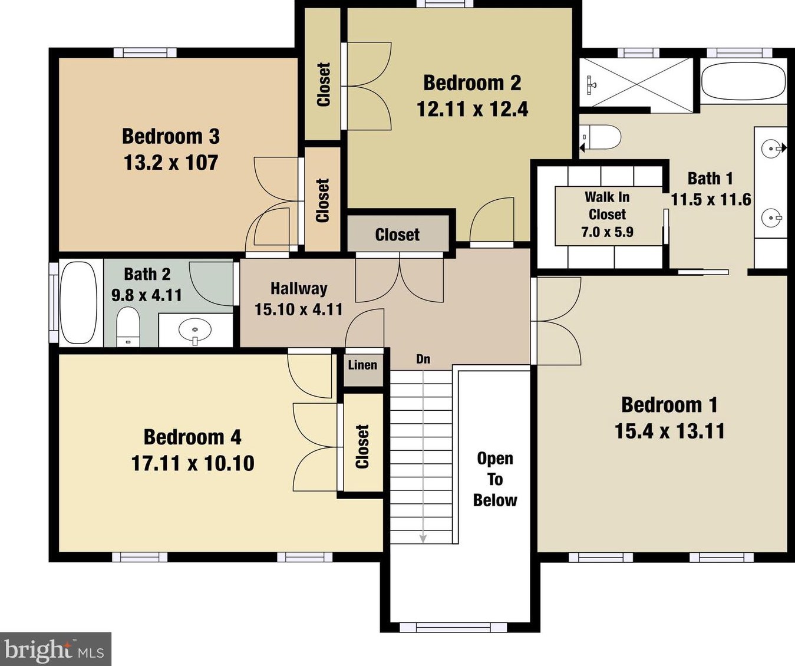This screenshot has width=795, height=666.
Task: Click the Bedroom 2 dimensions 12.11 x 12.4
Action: [472, 109]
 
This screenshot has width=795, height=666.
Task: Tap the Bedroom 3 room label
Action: [171, 136]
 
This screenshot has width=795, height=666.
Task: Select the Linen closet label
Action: [362, 365]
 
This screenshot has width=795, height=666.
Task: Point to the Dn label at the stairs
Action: [423, 359]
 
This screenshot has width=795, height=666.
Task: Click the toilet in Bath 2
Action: [127, 327]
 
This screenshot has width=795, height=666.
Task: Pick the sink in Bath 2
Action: [195, 330]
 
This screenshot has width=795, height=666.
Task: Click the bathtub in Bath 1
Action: [743, 81]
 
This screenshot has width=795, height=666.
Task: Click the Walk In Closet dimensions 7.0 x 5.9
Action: [607, 232]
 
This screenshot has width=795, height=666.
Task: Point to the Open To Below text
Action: [495, 479]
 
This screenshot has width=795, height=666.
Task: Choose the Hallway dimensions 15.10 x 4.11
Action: [299, 309]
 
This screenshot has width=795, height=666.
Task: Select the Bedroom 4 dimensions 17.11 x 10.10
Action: [193, 463]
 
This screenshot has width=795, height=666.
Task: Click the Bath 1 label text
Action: [710, 179]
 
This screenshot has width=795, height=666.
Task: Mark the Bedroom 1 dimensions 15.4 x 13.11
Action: [669, 431]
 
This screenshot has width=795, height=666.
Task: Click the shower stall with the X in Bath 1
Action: [636, 83]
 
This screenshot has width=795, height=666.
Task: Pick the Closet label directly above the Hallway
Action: [397, 235]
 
